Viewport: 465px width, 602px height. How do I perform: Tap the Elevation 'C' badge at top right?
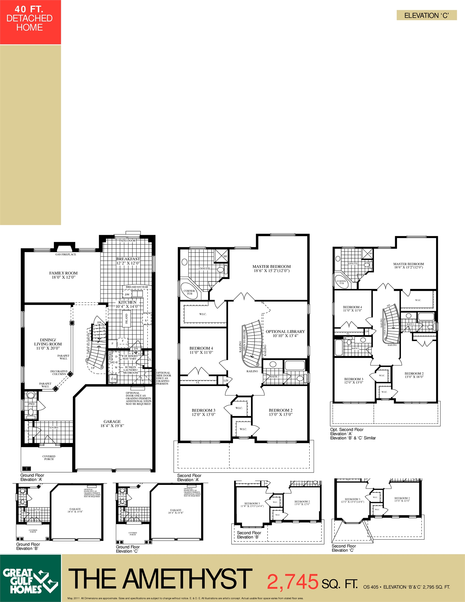[x=426, y=15]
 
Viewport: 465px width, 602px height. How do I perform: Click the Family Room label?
[x=63, y=275]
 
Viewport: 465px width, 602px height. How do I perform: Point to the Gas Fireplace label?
[x=66, y=254]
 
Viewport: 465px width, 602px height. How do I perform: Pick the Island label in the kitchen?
[x=127, y=318]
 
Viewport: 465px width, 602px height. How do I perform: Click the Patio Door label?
[x=127, y=240]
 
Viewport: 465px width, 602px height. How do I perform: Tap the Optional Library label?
[x=285, y=334]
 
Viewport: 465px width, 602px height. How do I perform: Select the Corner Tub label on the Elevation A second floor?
[x=189, y=292]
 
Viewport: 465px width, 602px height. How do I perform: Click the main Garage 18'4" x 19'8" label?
[x=112, y=424]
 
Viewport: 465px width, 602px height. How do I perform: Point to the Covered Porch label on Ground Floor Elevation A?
[x=49, y=458]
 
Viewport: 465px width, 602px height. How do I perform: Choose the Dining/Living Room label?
[x=48, y=344]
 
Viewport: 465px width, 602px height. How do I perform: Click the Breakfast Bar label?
[x=137, y=287]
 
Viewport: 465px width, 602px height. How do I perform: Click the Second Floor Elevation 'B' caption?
[x=249, y=535]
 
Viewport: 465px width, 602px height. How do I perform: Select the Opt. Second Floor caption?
[x=347, y=430]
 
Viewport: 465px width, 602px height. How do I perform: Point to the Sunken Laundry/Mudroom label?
[x=131, y=370]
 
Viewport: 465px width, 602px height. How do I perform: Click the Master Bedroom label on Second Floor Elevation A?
[x=271, y=268]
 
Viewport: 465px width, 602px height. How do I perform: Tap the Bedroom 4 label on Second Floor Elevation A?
[x=201, y=350]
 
